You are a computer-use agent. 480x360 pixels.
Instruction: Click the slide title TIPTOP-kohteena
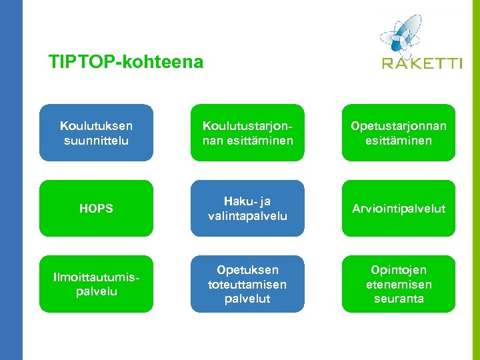[x=125, y=63]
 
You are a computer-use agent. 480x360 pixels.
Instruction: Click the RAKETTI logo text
[x=422, y=64]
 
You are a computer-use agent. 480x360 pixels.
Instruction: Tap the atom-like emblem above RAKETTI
[x=402, y=34]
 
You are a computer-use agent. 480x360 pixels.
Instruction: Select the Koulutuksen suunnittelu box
[x=96, y=133]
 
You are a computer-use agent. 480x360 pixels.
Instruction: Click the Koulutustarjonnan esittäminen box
[x=247, y=133]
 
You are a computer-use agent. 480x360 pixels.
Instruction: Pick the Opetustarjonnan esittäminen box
[x=399, y=133]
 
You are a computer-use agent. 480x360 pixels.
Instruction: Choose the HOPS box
[x=96, y=209]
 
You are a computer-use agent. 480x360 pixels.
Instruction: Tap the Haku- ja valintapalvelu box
[x=247, y=209]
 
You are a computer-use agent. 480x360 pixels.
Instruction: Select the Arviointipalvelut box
[x=399, y=209]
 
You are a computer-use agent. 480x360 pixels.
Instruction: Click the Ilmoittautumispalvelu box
[x=96, y=284]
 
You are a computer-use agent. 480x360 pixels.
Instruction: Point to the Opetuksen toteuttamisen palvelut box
[x=247, y=284]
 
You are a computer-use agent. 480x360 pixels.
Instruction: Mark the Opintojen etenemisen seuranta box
[x=399, y=284]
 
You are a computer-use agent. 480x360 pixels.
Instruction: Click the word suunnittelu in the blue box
[x=96, y=141]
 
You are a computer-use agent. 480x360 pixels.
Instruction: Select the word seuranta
[x=399, y=299]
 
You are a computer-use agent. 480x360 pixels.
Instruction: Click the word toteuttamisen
[x=247, y=284]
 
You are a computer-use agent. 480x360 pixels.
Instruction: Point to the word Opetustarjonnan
[x=399, y=126]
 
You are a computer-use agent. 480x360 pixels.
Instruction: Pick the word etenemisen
[x=399, y=284]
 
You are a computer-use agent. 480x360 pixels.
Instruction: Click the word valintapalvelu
[x=247, y=216]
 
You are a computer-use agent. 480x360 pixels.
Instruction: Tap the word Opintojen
[x=399, y=270]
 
